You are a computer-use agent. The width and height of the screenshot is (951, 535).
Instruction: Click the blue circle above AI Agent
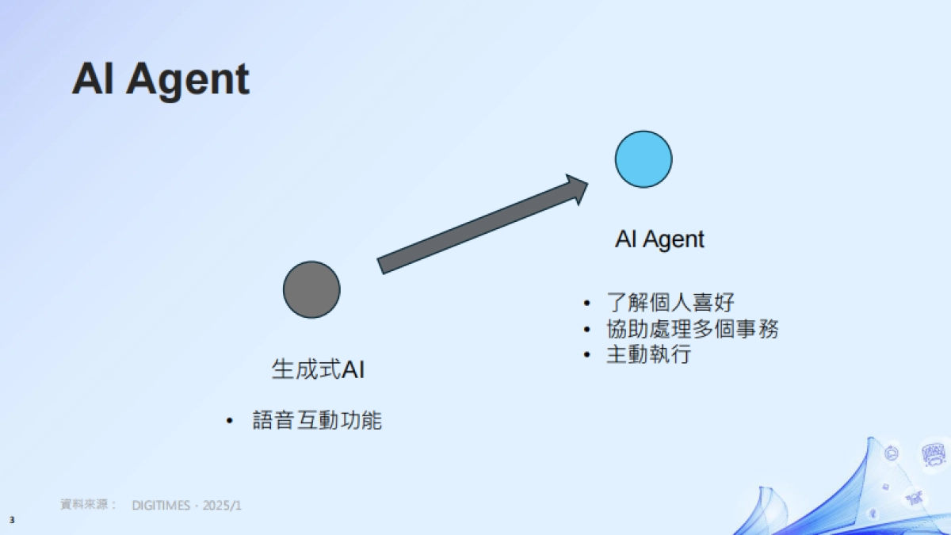point(644,159)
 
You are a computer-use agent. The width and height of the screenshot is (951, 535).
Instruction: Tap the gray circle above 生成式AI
point(311,290)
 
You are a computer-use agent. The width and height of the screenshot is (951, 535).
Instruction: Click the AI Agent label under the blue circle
point(659,239)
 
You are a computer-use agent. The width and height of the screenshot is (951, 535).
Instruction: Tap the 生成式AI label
point(318,369)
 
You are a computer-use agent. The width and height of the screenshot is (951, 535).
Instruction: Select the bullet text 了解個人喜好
point(670,302)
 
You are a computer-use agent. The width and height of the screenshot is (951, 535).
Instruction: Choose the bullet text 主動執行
point(648,354)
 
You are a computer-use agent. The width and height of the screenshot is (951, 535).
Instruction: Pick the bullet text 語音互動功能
point(317,420)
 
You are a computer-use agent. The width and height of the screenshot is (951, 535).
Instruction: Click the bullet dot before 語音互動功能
point(231,421)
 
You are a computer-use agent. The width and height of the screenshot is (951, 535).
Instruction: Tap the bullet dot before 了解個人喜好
point(586,303)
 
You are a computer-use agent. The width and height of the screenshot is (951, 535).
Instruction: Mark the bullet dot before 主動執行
point(586,355)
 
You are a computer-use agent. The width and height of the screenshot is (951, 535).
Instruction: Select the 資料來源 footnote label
point(87,504)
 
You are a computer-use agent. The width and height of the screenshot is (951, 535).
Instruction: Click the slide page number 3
point(12,520)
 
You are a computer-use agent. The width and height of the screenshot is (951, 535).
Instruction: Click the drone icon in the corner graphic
point(915,498)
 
